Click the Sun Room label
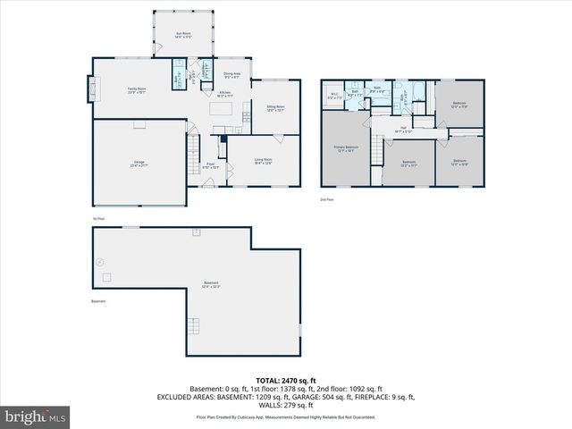(x=183, y=35)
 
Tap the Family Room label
(x=136, y=89)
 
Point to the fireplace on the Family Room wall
(x=89, y=89)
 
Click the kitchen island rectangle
(x=221, y=109)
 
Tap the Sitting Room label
(x=274, y=108)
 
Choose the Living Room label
(x=263, y=161)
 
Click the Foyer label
(x=212, y=165)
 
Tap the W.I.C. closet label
(x=333, y=97)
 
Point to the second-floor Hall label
(x=403, y=128)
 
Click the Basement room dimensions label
(x=210, y=286)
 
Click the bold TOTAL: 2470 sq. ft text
(x=286, y=381)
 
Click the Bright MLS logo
(x=36, y=416)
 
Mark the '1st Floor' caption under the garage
(x=98, y=218)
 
